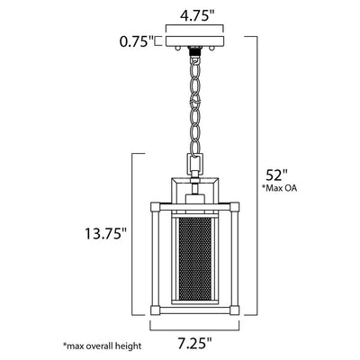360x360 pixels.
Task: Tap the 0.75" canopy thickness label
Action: point(137,41)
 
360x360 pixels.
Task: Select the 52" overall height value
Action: point(277,175)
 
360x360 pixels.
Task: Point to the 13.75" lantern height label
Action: point(106,234)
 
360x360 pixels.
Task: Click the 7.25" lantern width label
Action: point(195,343)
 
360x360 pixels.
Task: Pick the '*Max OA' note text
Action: point(280,188)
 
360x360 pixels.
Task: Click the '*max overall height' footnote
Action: point(102,346)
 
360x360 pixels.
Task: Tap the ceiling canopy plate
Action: point(194,41)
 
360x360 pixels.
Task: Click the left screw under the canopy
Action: point(178,49)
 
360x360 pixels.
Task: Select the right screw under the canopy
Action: point(212,49)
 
